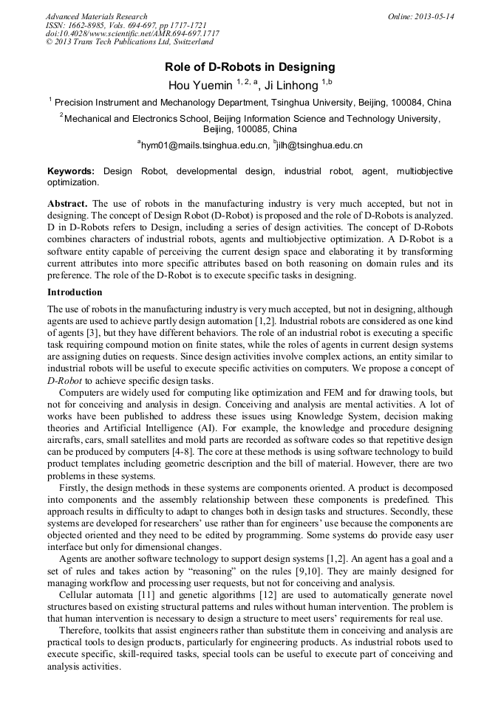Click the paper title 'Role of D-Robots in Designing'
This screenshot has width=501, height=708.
pyautogui.click(x=250, y=67)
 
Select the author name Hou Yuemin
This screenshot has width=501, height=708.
pyautogui.click(x=200, y=85)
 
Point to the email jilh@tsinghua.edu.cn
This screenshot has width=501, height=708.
pyautogui.click(x=319, y=145)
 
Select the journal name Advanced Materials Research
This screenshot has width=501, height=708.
pyautogui.click(x=96, y=16)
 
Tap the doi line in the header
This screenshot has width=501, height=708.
pyautogui.click(x=132, y=34)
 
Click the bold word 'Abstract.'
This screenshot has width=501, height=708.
pyautogui.click(x=67, y=203)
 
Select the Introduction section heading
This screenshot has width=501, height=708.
pyautogui.click(x=75, y=292)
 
